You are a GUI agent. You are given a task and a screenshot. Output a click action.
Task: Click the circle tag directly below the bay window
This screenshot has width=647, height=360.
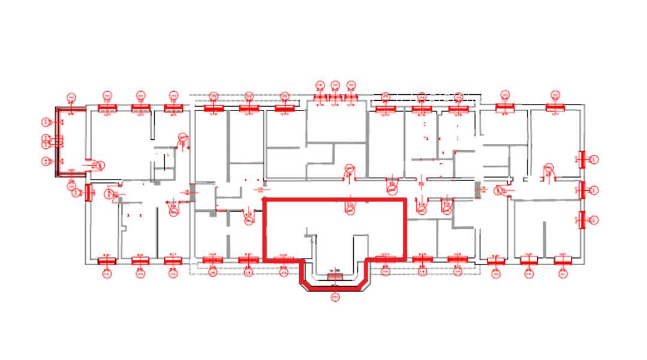[335, 297]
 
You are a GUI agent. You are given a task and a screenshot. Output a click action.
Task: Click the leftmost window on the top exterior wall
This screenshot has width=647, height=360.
[107, 108]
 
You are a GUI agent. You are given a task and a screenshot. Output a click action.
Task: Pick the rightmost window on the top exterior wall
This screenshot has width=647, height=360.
[556, 107]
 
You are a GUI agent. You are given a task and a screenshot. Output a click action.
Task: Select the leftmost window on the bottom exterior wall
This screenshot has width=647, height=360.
[107, 261]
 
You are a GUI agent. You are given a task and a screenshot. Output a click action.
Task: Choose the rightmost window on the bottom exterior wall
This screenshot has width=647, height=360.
[562, 261]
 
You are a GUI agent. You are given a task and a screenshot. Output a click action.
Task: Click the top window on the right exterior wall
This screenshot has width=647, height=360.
[581, 159]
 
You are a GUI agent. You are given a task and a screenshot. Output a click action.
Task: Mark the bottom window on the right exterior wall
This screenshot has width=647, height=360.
[581, 220]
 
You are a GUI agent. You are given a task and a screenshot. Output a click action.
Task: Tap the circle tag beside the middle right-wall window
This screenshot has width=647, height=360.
[594, 191]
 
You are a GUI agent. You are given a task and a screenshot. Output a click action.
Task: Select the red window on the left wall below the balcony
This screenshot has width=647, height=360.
[89, 192]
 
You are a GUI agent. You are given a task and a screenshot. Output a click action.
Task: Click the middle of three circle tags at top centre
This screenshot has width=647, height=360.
[335, 84]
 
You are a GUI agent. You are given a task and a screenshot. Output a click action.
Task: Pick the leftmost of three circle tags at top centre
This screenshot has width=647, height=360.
[320, 84]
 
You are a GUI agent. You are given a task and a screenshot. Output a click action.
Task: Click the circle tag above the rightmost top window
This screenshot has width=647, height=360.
[556, 95]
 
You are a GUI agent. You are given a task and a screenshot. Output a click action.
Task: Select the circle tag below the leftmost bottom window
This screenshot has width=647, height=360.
[107, 274]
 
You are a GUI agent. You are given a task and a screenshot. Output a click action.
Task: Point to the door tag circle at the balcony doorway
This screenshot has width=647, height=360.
[101, 165]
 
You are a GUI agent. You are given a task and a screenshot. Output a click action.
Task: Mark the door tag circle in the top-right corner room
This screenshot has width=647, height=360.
[547, 166]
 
